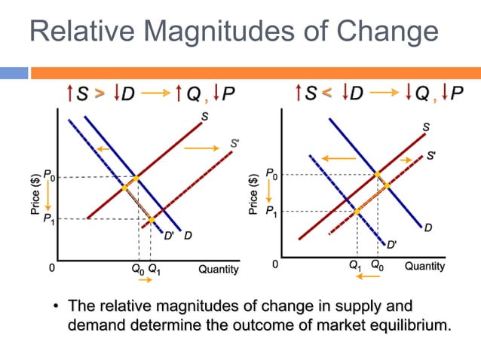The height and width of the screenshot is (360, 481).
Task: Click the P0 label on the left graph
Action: [x=48, y=176]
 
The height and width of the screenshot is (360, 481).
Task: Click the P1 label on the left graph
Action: [x=48, y=218]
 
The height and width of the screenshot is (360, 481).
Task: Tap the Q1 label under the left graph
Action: [x=154, y=268]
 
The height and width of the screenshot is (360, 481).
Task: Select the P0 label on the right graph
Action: [x=270, y=175]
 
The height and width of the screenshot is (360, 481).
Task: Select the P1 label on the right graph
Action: [x=270, y=212]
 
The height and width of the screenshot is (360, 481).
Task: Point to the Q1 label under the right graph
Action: [x=356, y=266]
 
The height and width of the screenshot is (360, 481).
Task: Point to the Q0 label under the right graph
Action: [x=376, y=266]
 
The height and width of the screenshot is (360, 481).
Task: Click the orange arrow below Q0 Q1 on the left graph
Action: [x=145, y=280]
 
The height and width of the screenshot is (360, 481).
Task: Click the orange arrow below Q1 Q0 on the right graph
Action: [x=367, y=277]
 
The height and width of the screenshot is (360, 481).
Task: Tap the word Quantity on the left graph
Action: [x=219, y=269]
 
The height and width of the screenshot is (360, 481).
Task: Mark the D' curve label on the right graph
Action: [x=392, y=245]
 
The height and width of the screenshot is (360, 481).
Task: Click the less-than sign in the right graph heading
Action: [x=324, y=93]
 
